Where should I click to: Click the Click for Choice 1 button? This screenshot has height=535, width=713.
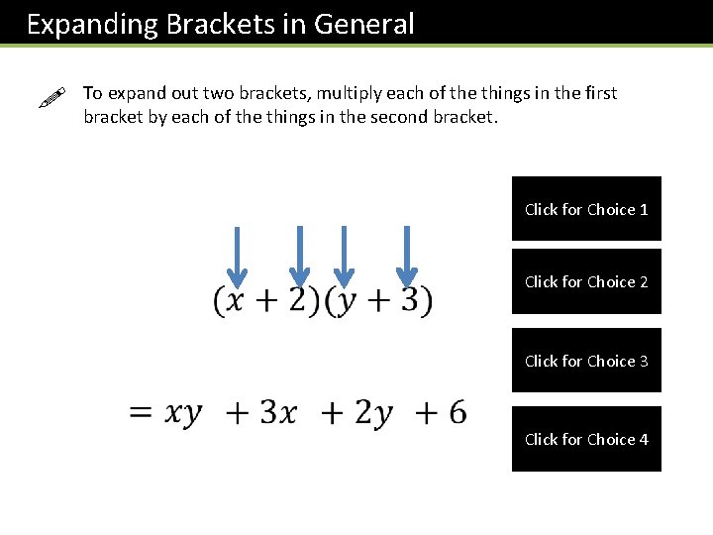pyautogui.click(x=586, y=209)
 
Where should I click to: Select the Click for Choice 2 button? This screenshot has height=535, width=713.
pyautogui.click(x=586, y=281)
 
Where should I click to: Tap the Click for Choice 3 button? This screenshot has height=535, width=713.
pyautogui.click(x=586, y=361)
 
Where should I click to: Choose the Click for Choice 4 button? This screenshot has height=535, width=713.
pyautogui.click(x=586, y=439)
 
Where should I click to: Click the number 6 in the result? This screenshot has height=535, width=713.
pyautogui.click(x=457, y=411)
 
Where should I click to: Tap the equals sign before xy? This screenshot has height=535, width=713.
pyautogui.click(x=141, y=412)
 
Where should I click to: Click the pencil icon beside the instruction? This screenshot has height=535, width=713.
pyautogui.click(x=51, y=99)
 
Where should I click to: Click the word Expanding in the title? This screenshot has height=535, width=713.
pyautogui.click(x=92, y=24)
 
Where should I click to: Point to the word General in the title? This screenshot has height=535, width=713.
pyautogui.click(x=363, y=24)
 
